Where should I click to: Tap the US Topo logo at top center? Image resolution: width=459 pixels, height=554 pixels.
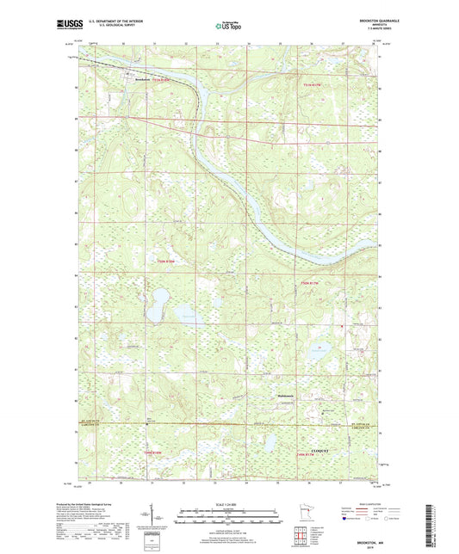[228, 28]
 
